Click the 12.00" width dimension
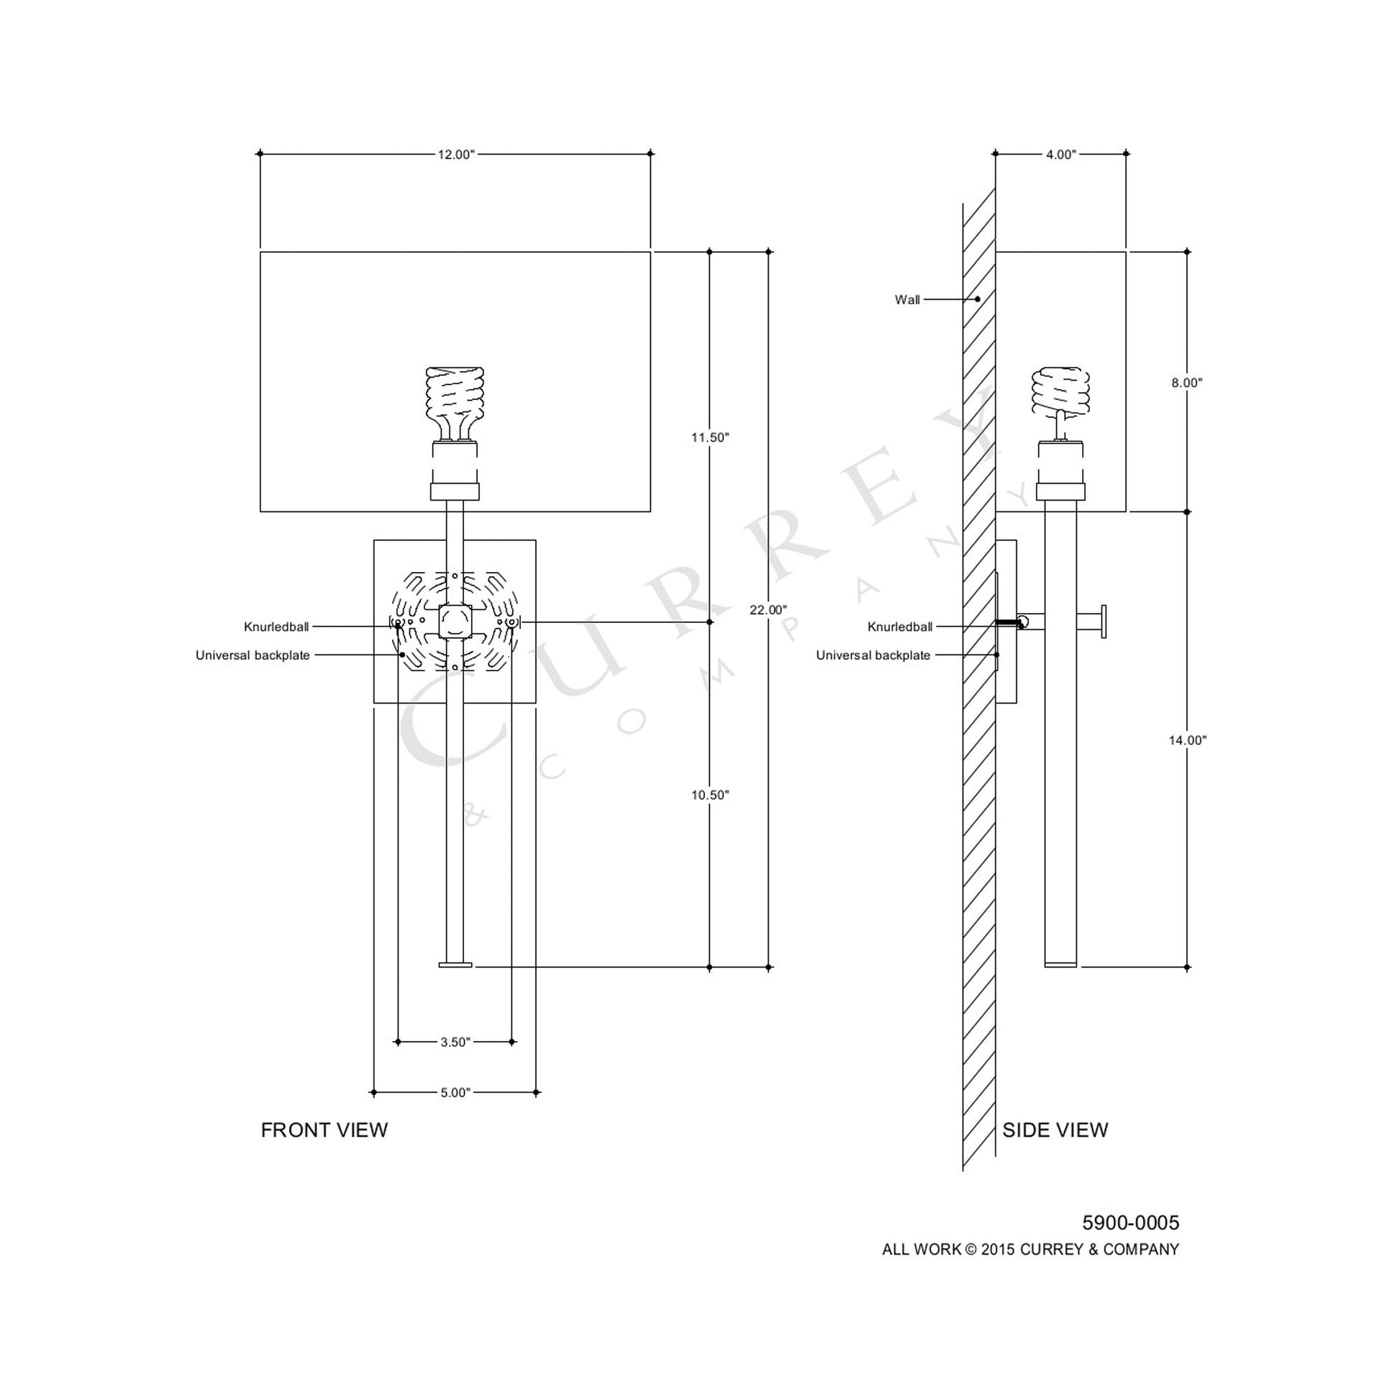455,155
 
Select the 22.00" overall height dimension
768,610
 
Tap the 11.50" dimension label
709,437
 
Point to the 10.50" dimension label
709,795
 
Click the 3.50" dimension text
455,1042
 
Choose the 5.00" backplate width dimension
455,1093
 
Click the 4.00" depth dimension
1061,155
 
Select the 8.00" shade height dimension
1186,383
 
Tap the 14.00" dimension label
1187,740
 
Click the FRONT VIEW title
324,1130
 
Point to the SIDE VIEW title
1055,1130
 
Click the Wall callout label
906,300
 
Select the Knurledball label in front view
276,627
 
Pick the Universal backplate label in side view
873,655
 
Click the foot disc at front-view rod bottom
455,965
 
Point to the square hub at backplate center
455,622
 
